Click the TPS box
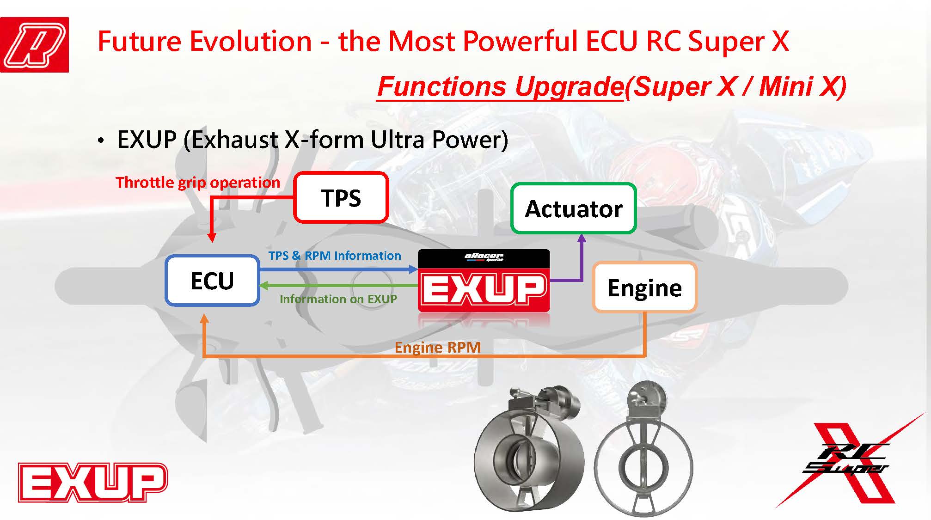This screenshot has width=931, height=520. click(x=341, y=197)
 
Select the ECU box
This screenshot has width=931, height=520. click(x=212, y=280)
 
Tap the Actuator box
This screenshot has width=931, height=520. click(x=574, y=208)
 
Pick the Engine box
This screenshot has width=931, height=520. click(x=644, y=287)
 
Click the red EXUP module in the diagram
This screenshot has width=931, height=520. click(x=484, y=281)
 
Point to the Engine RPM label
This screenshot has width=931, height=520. click(x=438, y=347)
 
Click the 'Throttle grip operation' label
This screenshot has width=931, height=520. click(x=198, y=183)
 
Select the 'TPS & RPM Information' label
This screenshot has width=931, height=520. click(x=335, y=256)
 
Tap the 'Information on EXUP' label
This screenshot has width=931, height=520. click(x=338, y=299)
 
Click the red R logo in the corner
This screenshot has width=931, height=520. click(x=34, y=45)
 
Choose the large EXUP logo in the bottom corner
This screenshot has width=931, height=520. click(x=92, y=483)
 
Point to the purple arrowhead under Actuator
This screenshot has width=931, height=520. click(x=582, y=239)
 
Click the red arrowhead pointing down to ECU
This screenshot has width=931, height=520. click(x=212, y=238)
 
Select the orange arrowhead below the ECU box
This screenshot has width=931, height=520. click(x=204, y=318)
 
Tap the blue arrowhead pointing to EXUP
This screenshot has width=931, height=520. click(x=413, y=269)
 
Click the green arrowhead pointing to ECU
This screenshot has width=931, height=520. click(x=264, y=286)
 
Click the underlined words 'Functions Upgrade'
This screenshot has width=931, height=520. click(x=501, y=87)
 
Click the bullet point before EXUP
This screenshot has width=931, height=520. click(x=101, y=141)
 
